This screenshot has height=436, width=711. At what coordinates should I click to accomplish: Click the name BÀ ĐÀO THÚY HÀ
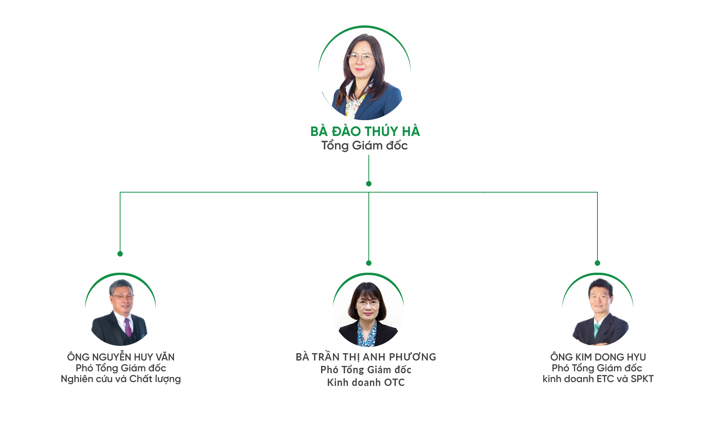[365, 131]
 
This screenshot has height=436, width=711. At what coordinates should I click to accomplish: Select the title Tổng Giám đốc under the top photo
[365, 146]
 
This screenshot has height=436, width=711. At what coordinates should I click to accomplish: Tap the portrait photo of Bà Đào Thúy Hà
[365, 73]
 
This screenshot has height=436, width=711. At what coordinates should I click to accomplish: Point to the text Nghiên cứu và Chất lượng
[121, 379]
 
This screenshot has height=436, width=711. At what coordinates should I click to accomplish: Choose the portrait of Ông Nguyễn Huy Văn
[120, 310]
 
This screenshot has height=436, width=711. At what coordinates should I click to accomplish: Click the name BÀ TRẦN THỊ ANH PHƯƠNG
[366, 357]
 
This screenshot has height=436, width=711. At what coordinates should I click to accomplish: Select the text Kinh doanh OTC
[366, 382]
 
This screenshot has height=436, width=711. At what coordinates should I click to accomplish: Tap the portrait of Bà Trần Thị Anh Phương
[368, 310]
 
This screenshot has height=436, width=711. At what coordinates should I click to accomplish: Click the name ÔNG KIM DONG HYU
[598, 357]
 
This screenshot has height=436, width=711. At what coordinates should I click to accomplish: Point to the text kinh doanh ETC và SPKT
[598, 379]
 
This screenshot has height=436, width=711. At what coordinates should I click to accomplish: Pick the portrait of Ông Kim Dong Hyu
[598, 310]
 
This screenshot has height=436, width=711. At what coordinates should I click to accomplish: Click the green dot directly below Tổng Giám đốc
[369, 184]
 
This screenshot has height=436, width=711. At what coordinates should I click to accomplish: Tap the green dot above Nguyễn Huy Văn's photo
[120, 254]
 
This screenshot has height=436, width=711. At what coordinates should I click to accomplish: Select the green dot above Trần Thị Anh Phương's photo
[369, 263]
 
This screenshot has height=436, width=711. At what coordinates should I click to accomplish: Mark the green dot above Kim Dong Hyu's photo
[597, 263]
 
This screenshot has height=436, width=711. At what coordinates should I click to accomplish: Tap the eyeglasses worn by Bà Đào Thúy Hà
[361, 58]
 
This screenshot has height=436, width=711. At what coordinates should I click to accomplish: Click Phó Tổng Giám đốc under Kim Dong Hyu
[597, 368]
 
